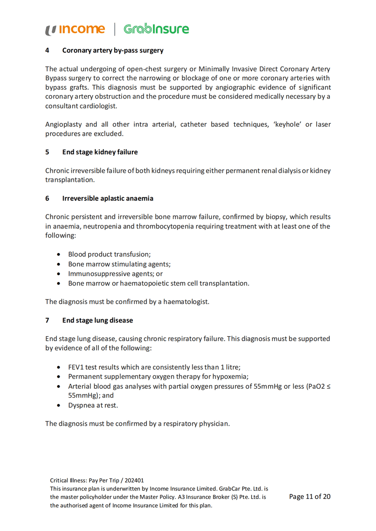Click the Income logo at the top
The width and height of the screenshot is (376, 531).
pos(75,30)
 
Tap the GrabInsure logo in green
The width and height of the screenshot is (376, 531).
pos(156,29)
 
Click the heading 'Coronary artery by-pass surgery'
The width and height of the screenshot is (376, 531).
pos(113,51)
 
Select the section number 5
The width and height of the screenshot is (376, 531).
pos(47,152)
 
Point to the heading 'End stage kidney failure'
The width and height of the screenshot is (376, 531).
pos(100,152)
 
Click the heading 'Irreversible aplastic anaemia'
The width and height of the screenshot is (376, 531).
pos(108,198)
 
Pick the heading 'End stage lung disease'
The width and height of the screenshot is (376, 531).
pos(97,320)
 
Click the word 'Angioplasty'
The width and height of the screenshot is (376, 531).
pos(64,124)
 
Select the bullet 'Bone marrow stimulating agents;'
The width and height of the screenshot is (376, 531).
pos(119,264)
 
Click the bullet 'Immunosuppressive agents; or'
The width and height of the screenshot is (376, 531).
pos(115,274)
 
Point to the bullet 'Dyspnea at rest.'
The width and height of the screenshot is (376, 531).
pos(93,405)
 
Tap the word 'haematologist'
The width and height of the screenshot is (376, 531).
pos(186,302)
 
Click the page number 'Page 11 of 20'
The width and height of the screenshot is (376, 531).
pos(310,496)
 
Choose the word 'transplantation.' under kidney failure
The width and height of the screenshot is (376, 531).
pos(69,180)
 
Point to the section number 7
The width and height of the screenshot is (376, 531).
pos(47,320)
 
